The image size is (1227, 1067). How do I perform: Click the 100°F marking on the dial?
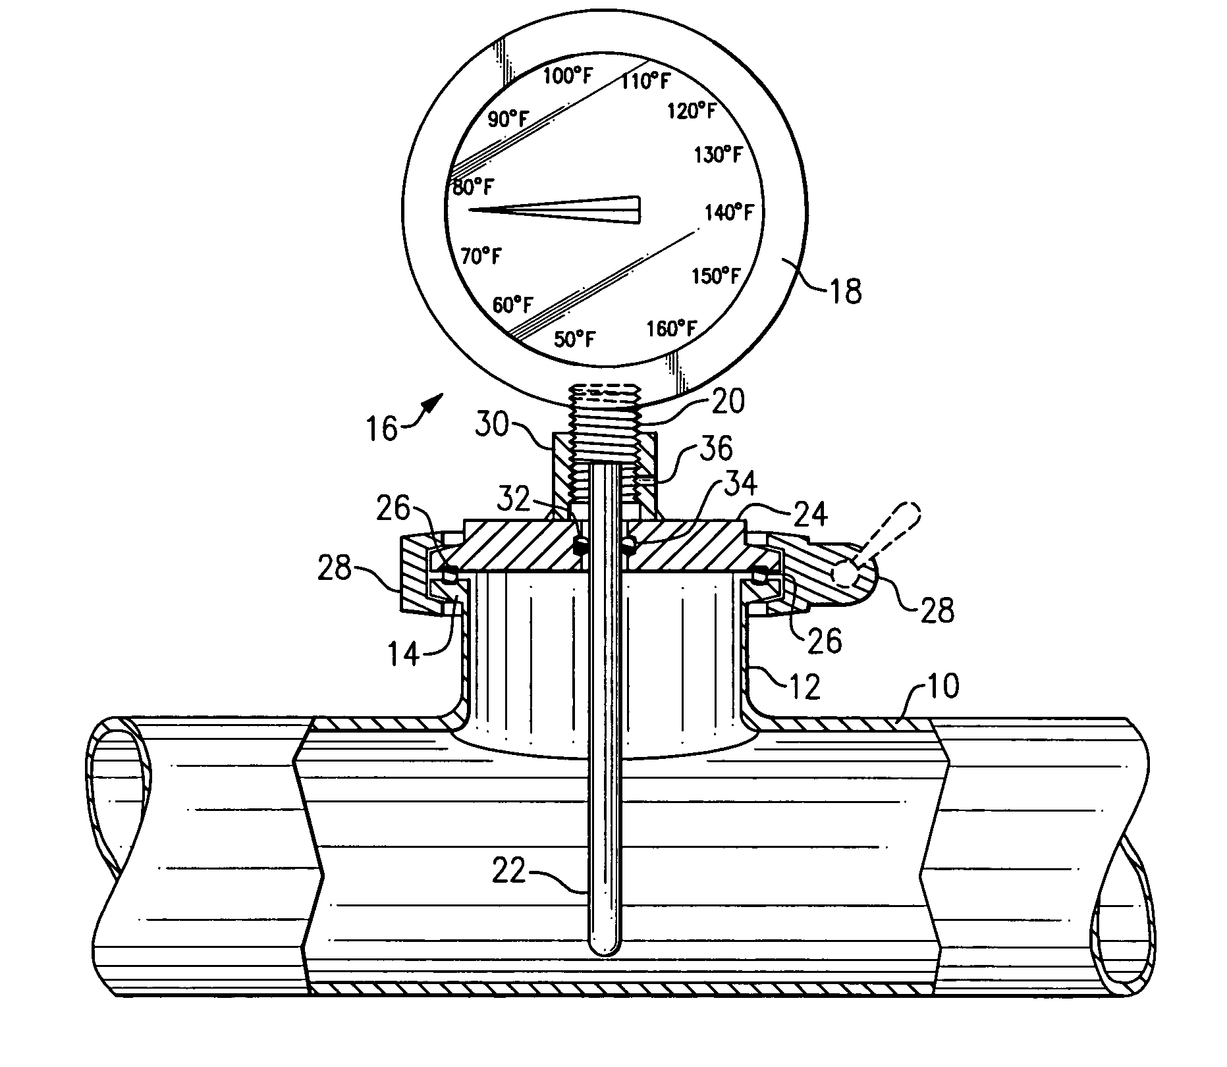[x=568, y=76]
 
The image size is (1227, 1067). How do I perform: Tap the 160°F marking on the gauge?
[x=672, y=328]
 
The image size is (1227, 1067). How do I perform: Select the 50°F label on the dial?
[x=575, y=339]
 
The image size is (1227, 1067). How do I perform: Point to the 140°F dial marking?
[x=729, y=212]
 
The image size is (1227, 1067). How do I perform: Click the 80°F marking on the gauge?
[x=471, y=188]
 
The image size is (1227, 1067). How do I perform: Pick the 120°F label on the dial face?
[x=692, y=111]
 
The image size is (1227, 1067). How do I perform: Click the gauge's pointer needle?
[x=555, y=210]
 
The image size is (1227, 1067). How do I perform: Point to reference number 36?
[x=715, y=448]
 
